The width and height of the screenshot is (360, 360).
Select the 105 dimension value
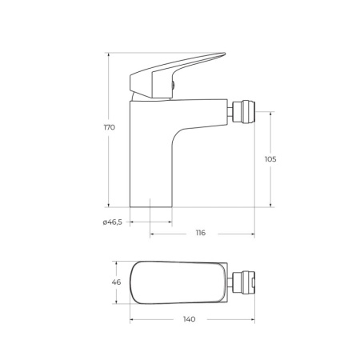tap(270, 159)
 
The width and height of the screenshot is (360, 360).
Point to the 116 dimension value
tap(200, 233)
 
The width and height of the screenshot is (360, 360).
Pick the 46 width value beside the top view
tap(116, 282)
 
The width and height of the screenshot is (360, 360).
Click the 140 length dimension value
tap(190, 318)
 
